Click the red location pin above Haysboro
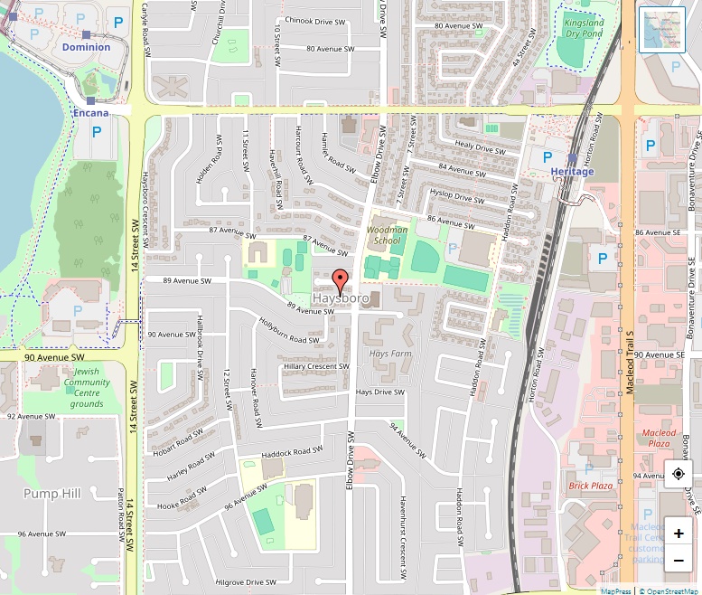[x=340, y=279]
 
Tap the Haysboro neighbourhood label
[x=340, y=297]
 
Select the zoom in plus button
[x=679, y=533]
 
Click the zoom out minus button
[x=679, y=561]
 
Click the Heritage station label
[x=572, y=172]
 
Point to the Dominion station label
[x=86, y=47]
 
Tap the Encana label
[x=90, y=113]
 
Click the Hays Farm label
[x=391, y=354]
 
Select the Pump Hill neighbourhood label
[x=51, y=493]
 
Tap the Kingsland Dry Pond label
[x=583, y=28]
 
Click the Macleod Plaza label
[x=659, y=439]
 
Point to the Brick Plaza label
[x=591, y=486]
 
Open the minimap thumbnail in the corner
[x=662, y=30]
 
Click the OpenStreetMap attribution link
[x=669, y=590]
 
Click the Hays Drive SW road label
[x=379, y=392]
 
